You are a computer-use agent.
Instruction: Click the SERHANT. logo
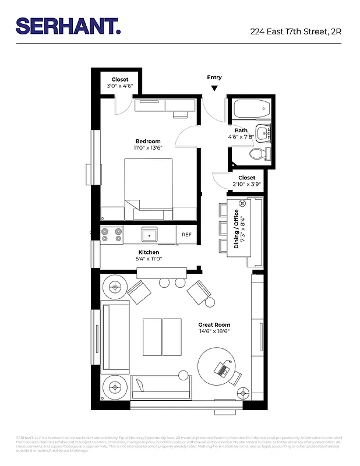click(68, 26)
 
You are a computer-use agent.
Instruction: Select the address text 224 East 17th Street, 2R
click(295, 31)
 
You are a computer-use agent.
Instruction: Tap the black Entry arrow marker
click(214, 88)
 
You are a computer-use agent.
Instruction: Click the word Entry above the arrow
click(214, 77)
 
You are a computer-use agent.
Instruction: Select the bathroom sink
click(264, 133)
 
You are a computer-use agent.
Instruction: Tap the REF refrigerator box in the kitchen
click(186, 234)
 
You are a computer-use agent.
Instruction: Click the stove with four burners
click(112, 234)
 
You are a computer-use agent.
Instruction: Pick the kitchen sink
click(150, 234)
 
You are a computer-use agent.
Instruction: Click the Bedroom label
click(148, 142)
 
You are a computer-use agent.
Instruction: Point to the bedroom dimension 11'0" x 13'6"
click(148, 149)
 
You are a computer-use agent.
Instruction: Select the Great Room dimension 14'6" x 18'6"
click(214, 331)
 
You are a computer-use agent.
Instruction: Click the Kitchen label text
click(149, 252)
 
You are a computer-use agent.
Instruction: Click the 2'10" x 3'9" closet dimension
click(246, 184)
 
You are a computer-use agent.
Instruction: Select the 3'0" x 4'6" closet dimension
click(120, 86)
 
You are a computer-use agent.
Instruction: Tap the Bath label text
click(241, 130)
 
